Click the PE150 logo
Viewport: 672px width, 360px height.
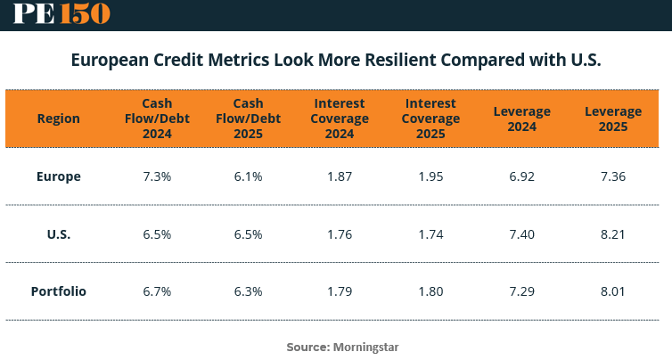point(61,13)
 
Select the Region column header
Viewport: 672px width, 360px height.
point(59,119)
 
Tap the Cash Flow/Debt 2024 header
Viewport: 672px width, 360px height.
point(157,119)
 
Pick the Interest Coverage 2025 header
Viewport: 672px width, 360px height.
point(430,119)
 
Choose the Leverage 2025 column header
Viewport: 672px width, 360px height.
point(613,119)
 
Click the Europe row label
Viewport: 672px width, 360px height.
point(59,176)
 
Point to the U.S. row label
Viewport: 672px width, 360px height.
point(59,234)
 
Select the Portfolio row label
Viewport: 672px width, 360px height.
point(59,291)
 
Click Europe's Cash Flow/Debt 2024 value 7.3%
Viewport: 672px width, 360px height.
point(157,176)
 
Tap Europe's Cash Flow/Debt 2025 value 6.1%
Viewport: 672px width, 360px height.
point(248,176)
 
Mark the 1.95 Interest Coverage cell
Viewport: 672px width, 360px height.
point(430,176)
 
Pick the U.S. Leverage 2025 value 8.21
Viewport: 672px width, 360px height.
point(613,234)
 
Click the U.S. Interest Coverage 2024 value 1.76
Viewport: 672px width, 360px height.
point(340,234)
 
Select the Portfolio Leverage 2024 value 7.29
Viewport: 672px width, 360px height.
point(522,291)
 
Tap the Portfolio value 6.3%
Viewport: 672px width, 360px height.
point(248,291)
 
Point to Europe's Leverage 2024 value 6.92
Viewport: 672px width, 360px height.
point(522,176)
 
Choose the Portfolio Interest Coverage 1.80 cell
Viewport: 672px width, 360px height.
point(430,291)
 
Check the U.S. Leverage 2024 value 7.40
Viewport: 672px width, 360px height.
point(522,234)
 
